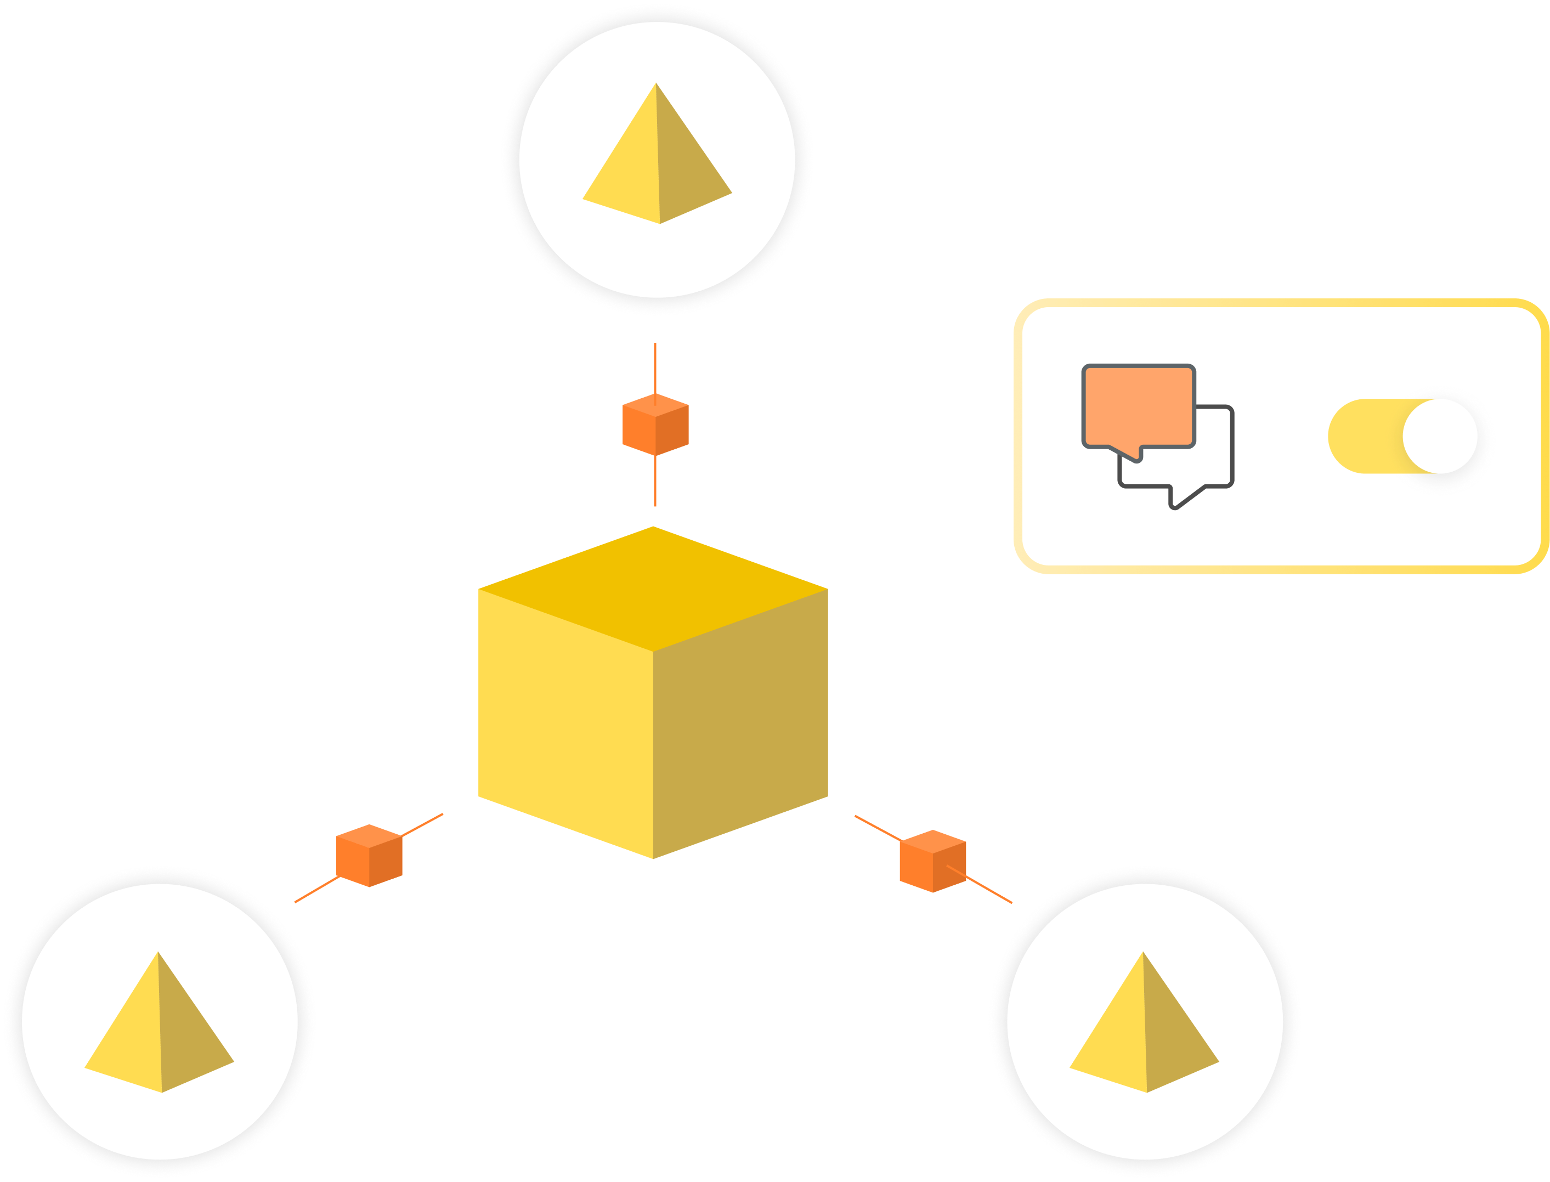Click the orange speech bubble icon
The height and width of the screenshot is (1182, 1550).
[1138, 406]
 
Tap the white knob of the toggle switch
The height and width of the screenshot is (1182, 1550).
[1440, 436]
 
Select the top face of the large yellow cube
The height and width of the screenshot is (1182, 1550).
[653, 587]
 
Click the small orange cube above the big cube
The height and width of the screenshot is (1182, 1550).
[655, 424]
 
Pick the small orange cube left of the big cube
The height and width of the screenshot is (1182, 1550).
[369, 856]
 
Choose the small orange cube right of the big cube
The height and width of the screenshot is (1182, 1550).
[932, 861]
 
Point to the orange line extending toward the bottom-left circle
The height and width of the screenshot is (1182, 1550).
[316, 889]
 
